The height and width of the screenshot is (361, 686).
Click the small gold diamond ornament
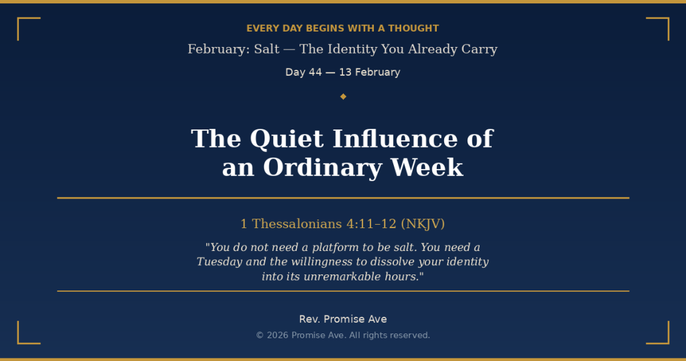click(343, 97)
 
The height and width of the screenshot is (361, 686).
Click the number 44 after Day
click(315, 72)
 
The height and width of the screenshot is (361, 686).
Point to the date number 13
click(345, 72)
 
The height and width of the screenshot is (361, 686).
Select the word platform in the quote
click(316, 248)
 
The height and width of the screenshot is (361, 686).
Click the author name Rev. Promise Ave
click(343, 319)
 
